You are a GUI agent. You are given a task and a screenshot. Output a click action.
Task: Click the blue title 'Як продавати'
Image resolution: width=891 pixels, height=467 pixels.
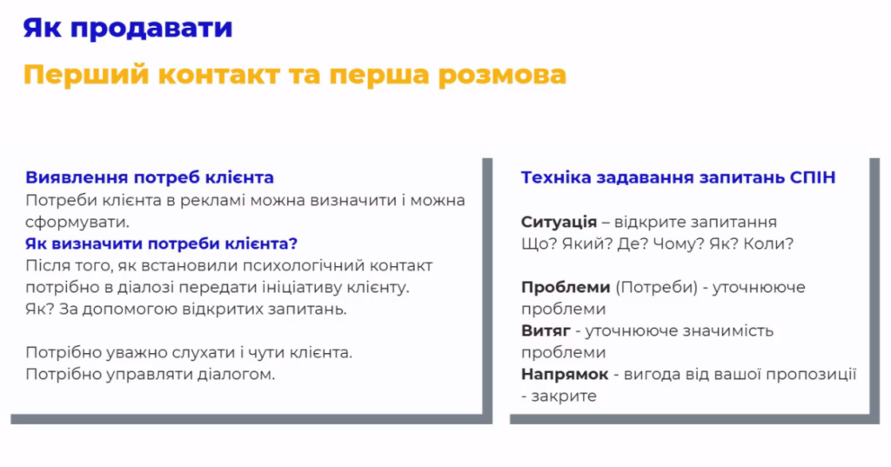click(x=128, y=28)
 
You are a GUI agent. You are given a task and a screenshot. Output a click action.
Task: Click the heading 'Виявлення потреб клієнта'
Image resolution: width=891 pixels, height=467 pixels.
click(x=150, y=177)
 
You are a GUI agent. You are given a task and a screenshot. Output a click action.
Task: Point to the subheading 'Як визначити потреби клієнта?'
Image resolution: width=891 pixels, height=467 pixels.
click(x=161, y=244)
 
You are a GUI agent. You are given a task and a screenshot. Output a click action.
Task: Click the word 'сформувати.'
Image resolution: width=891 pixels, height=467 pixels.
click(x=77, y=222)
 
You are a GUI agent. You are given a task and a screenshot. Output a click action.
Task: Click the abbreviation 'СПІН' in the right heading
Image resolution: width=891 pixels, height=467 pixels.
click(x=813, y=177)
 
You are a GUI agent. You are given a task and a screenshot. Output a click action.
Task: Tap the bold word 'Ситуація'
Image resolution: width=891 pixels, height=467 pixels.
click(x=559, y=223)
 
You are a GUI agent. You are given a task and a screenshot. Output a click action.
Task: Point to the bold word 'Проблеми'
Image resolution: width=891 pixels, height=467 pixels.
click(x=566, y=288)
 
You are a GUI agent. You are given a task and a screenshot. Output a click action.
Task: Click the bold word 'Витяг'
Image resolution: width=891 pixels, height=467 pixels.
click(x=546, y=331)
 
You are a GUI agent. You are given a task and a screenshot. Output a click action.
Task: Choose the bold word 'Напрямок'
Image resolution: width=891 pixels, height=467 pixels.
click(x=565, y=375)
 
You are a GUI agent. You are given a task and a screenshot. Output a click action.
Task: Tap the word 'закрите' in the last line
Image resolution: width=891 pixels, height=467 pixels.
click(x=564, y=397)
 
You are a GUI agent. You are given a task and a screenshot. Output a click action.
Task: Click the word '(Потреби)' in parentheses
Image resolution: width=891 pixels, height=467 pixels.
click(x=656, y=288)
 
